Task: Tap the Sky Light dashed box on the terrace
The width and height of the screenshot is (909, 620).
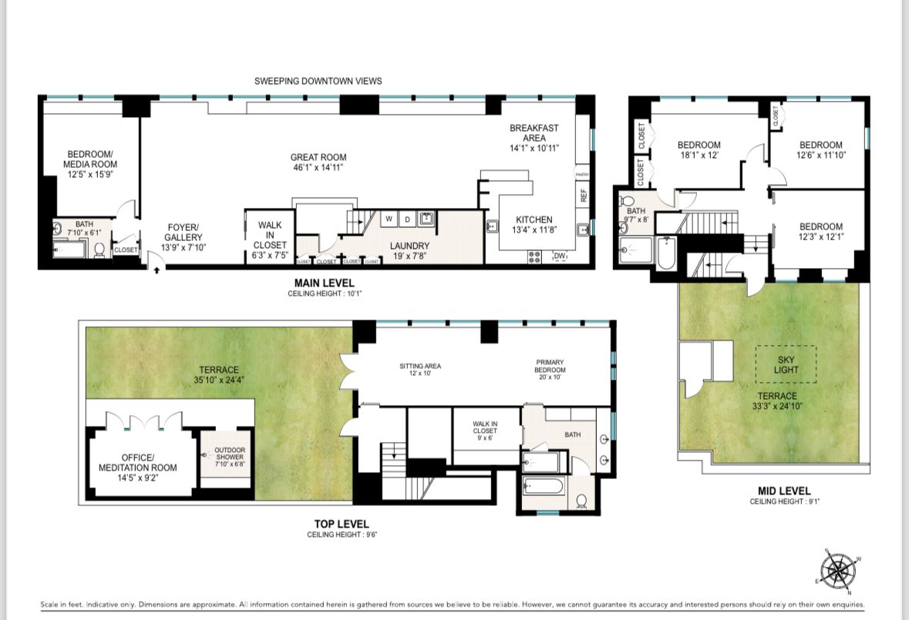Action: (x=785, y=364)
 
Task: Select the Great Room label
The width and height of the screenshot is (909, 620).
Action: (x=317, y=162)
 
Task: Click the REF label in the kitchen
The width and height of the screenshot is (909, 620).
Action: (x=584, y=196)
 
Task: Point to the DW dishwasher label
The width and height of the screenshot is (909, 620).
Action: (x=560, y=256)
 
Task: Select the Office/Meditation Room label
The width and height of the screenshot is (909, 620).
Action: (x=137, y=468)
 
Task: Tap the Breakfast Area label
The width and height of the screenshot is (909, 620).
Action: (x=534, y=138)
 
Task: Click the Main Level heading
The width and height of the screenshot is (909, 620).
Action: (x=324, y=283)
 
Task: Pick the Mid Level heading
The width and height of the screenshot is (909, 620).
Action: (x=784, y=491)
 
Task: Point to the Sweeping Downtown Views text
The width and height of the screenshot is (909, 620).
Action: (x=318, y=81)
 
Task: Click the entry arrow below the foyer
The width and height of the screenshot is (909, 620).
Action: (x=157, y=270)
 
